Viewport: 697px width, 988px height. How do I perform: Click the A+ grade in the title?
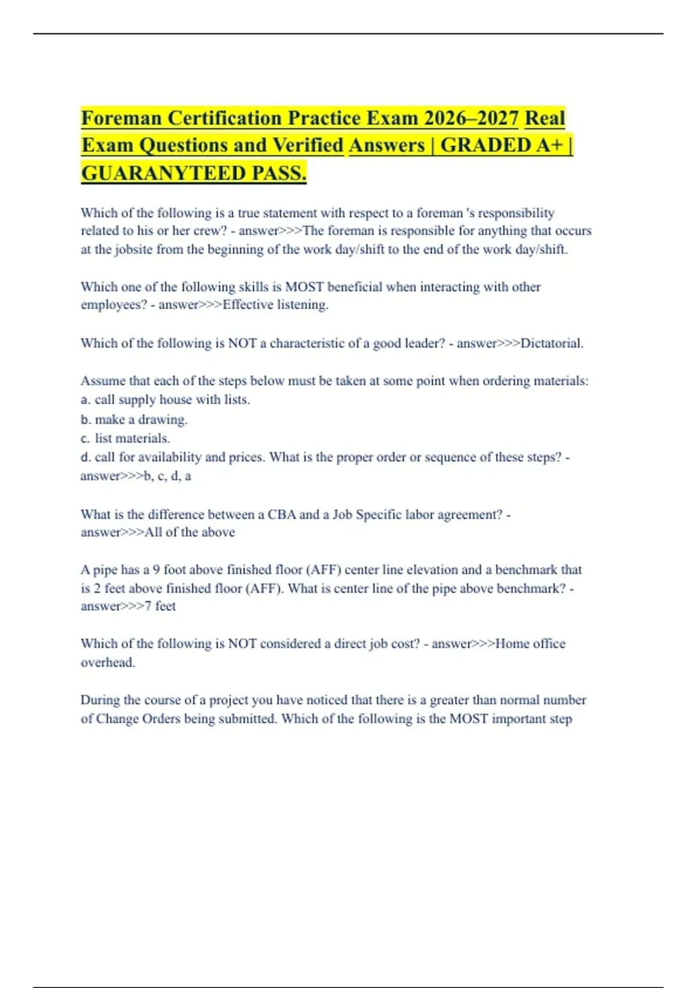click(x=549, y=145)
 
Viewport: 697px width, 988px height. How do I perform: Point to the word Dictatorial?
click(x=552, y=343)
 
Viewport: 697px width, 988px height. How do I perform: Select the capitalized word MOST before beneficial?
click(x=304, y=287)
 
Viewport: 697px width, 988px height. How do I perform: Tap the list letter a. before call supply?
click(x=86, y=400)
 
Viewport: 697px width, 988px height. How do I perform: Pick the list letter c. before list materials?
click(x=86, y=438)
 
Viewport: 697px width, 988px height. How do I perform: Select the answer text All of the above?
click(x=189, y=532)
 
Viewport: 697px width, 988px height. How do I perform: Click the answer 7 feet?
click(x=160, y=606)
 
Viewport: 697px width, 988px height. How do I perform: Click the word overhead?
click(x=107, y=663)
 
